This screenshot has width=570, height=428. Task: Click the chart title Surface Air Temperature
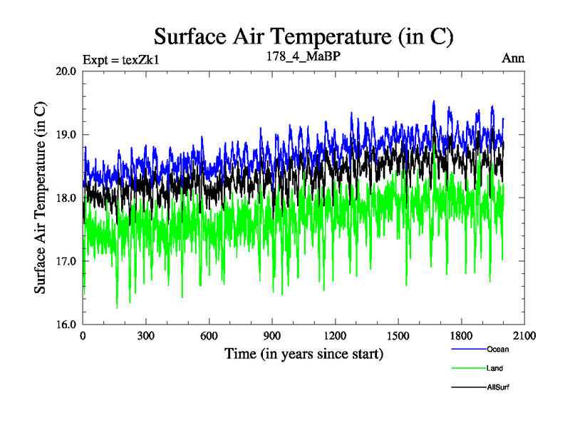pos(304,36)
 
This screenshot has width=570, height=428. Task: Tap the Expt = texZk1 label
pos(120,59)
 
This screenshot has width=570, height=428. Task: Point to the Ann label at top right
pos(513,58)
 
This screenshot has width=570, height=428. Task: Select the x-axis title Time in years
pos(304,353)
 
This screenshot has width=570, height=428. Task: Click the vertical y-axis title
pos(41,198)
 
